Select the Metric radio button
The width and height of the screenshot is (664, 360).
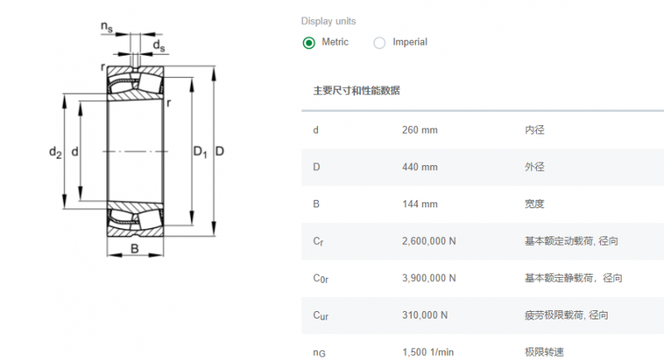[309, 43]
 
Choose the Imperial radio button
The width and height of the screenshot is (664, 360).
[379, 43]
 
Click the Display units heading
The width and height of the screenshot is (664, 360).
[329, 21]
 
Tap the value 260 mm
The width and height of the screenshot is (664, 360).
[420, 130]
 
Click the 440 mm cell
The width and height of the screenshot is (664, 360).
[420, 167]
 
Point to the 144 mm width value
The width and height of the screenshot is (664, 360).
[420, 204]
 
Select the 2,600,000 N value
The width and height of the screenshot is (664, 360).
[429, 241]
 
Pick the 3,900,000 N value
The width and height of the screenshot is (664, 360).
[429, 278]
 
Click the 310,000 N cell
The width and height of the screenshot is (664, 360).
[425, 315]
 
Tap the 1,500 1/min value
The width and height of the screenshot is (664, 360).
[427, 352]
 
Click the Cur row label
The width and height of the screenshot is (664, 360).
[320, 315]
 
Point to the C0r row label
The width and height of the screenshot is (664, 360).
[320, 279]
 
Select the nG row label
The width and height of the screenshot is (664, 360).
[320, 353]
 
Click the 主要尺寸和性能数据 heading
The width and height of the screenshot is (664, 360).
[356, 90]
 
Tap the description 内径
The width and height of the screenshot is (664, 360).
[535, 130]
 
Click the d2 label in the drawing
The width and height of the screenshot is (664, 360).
[56, 152]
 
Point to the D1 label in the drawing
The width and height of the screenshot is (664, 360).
[200, 152]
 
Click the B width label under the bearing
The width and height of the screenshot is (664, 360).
[134, 248]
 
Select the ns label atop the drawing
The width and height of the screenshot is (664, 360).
[107, 27]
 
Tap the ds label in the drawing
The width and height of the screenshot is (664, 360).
[159, 46]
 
